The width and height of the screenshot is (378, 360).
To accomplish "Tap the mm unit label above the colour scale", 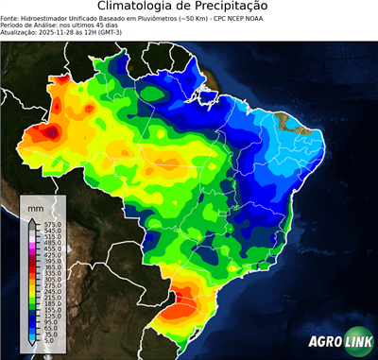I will [x=35, y=206].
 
